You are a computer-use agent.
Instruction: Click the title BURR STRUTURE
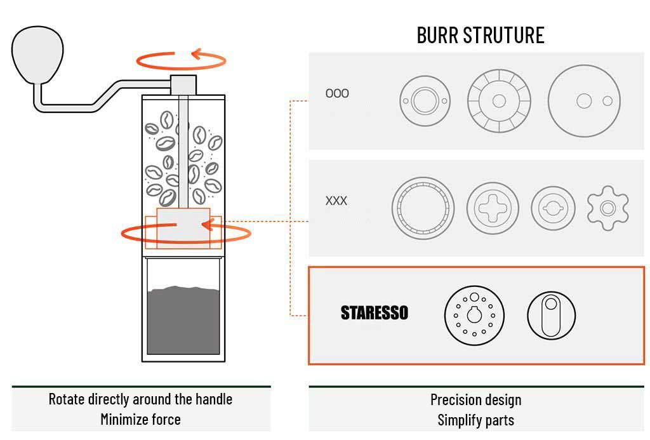(481, 35)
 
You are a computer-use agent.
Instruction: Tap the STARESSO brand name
(375, 313)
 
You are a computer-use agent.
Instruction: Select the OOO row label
(337, 93)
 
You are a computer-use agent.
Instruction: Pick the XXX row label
(336, 201)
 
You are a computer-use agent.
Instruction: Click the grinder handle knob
(38, 56)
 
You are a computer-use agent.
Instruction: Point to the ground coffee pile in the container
(183, 321)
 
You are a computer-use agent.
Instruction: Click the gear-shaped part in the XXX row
(607, 208)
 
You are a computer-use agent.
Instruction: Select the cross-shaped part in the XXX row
(493, 208)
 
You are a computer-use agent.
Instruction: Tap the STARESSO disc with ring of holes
(474, 316)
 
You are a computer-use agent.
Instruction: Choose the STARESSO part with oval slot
(551, 316)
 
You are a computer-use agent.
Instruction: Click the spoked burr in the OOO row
(499, 100)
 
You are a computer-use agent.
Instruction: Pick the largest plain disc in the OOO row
(584, 100)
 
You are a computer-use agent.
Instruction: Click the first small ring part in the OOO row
(424, 100)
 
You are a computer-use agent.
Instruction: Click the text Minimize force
(140, 419)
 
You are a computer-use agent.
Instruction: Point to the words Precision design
(476, 400)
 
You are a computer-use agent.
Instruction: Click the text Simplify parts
(476, 420)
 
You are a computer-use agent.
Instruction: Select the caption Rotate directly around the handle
(140, 399)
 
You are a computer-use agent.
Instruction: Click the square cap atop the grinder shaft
(183, 84)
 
